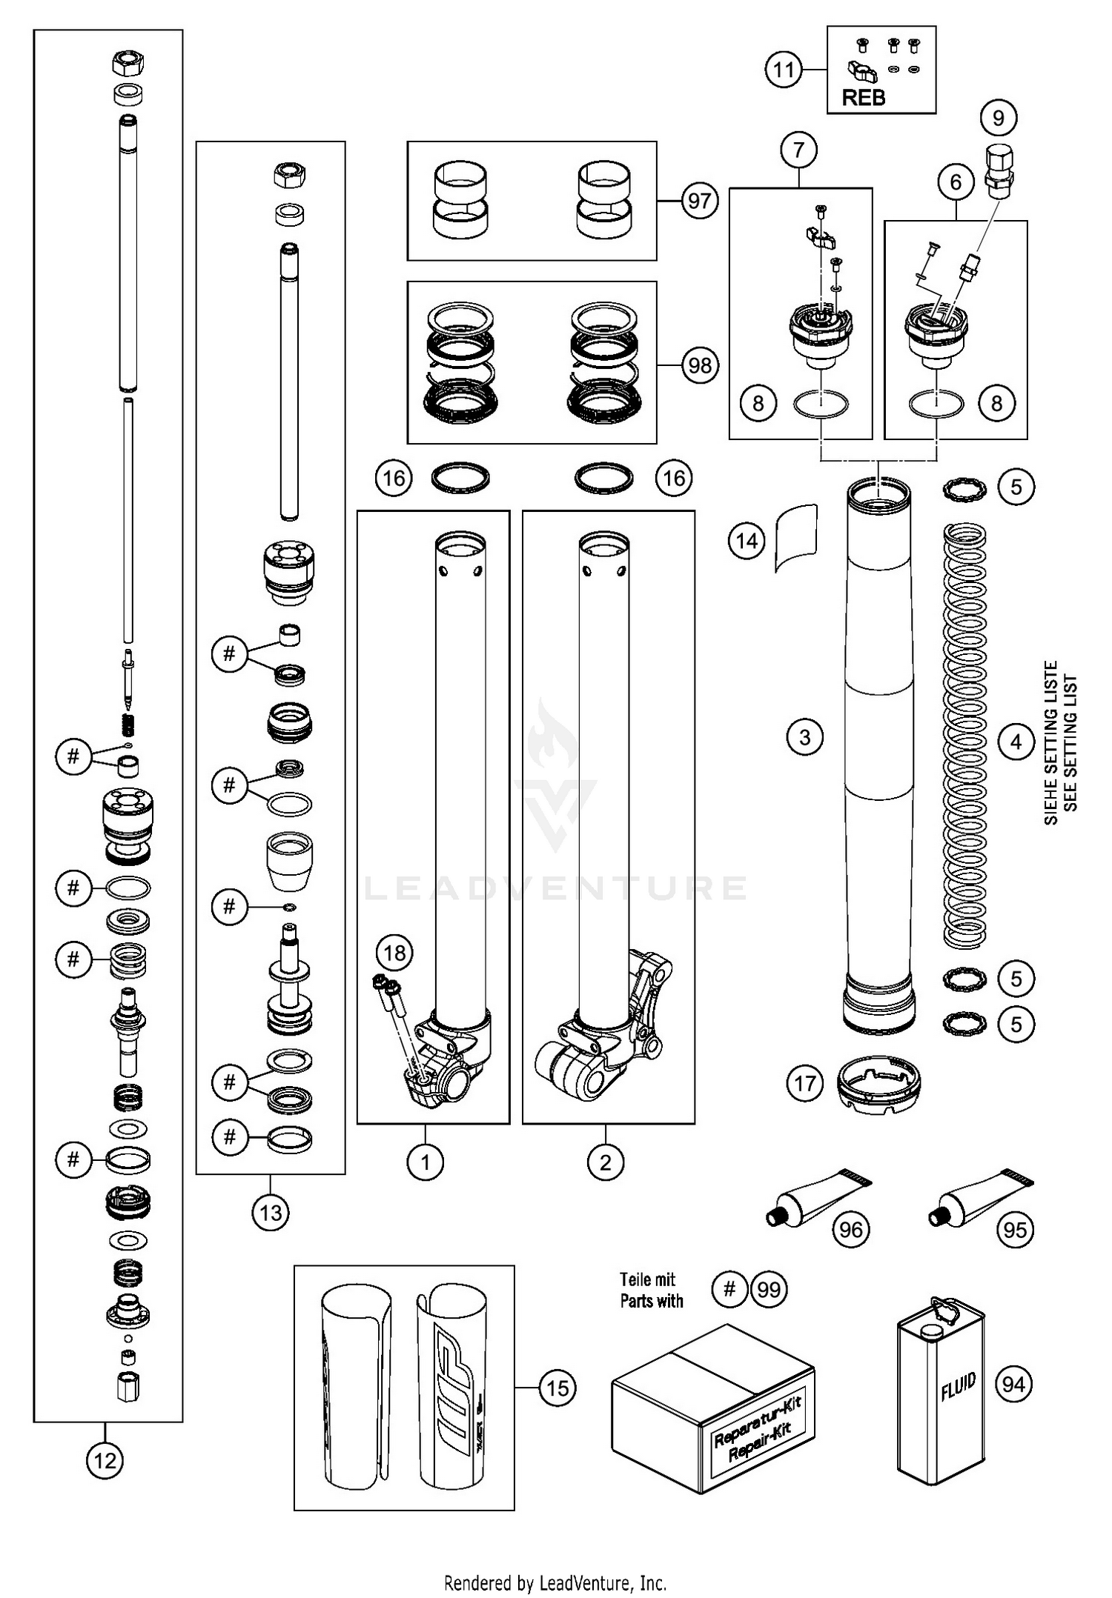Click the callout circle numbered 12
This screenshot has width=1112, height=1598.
click(105, 1460)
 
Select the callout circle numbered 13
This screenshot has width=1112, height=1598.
click(271, 1213)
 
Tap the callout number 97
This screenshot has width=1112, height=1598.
click(699, 201)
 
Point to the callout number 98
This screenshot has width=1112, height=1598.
click(699, 365)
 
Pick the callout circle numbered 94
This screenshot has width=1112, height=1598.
click(1013, 1383)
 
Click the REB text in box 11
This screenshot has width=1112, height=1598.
click(864, 97)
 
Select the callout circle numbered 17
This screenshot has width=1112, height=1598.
click(805, 1084)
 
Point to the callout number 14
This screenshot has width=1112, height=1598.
click(747, 541)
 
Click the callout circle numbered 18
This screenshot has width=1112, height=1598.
click(395, 952)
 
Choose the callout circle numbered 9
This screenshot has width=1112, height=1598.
click(998, 118)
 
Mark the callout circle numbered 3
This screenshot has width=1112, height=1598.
click(805, 737)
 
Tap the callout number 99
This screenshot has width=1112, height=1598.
click(769, 1290)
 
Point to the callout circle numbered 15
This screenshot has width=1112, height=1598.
click(557, 1388)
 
